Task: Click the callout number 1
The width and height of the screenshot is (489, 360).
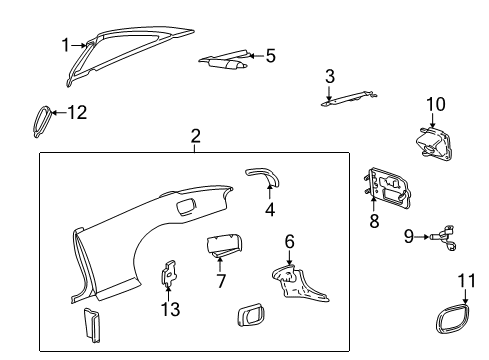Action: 65,45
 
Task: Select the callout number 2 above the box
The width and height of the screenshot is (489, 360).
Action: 195,136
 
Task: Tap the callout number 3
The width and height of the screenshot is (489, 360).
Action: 329,76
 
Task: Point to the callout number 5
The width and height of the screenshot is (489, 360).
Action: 270,56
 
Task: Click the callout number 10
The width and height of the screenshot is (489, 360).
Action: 435,103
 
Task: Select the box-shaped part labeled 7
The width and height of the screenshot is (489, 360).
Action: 226,245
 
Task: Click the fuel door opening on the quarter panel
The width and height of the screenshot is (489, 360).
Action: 184,206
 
